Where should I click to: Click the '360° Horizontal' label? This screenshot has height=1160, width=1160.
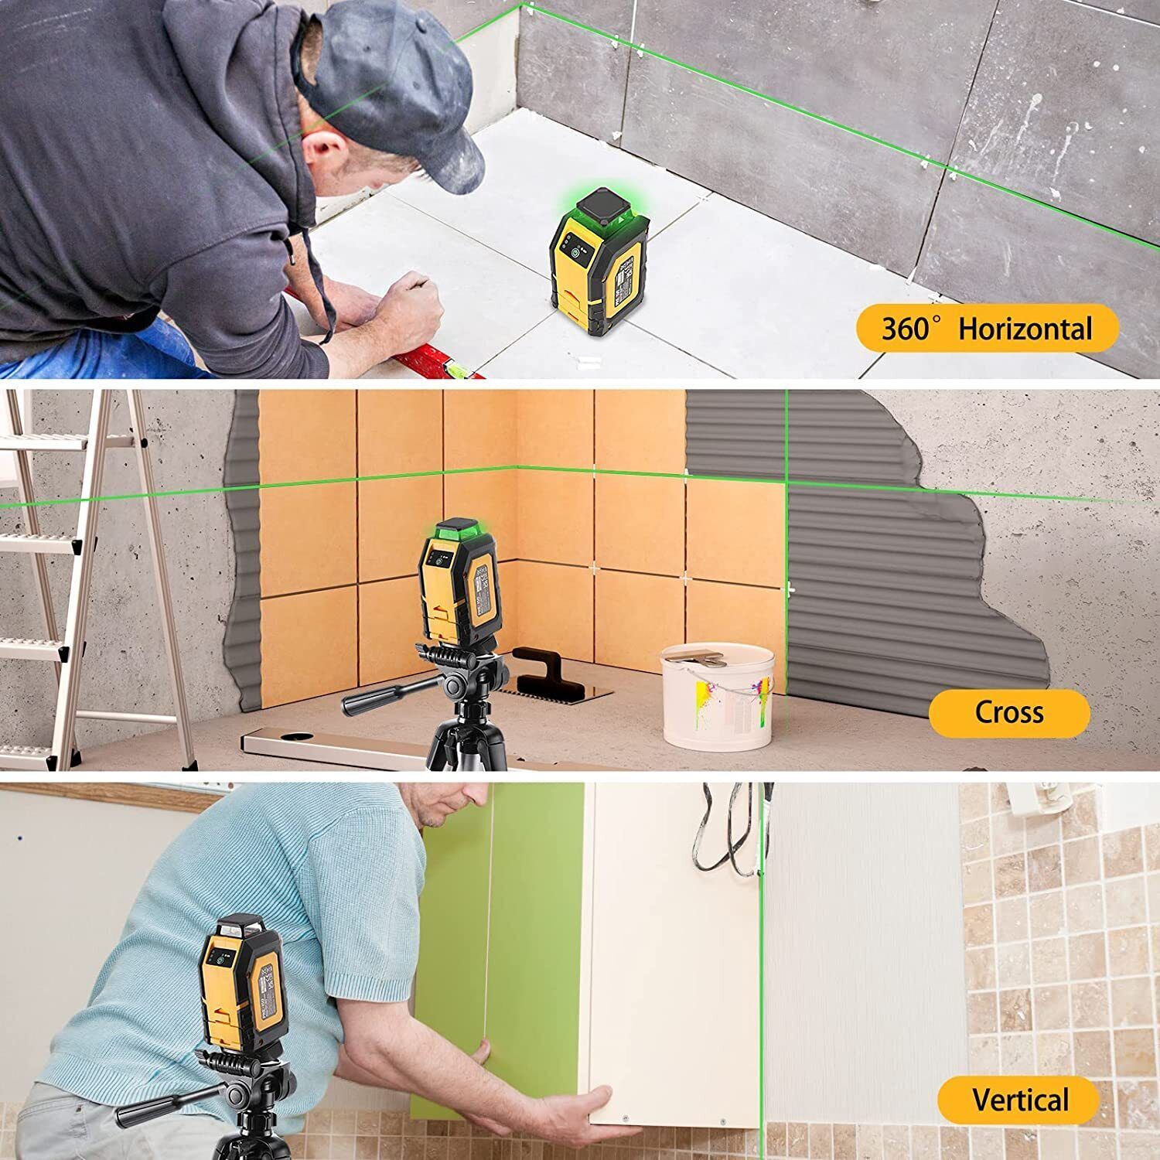pos(987,329)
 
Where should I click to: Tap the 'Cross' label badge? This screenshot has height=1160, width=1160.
pos(1008,711)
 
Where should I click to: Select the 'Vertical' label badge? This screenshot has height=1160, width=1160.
pos(1019,1100)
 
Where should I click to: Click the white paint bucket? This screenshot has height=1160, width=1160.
pos(717,696)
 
